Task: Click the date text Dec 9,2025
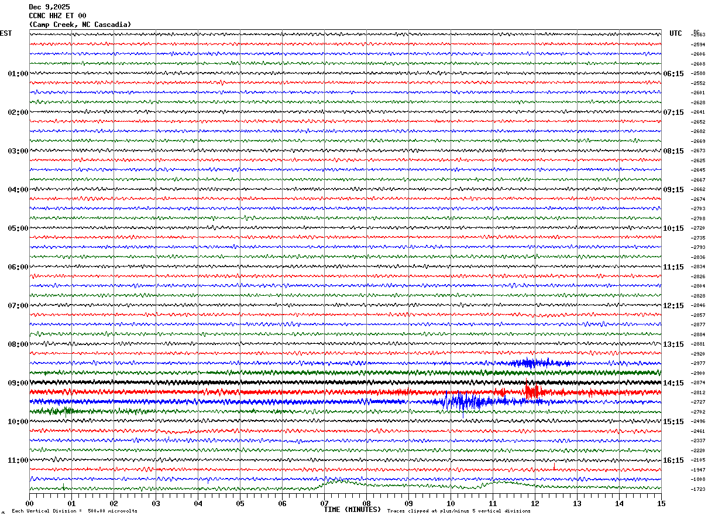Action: (x=49, y=7)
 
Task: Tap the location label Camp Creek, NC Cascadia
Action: (x=80, y=25)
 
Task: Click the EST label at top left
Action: (x=6, y=33)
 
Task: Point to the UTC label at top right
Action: (x=676, y=33)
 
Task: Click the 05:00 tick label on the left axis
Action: (x=18, y=228)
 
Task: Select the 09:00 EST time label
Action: (x=18, y=383)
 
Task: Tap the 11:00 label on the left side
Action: (x=18, y=460)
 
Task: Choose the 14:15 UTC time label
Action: (x=674, y=383)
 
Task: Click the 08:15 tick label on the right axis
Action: (x=674, y=151)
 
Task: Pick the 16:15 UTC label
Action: (x=674, y=460)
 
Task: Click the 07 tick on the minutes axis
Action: (x=325, y=503)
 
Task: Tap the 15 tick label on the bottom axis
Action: (x=661, y=503)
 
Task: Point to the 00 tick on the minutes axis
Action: (x=30, y=503)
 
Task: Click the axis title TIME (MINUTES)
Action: (x=352, y=510)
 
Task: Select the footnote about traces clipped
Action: (x=459, y=511)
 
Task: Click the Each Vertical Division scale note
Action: (x=74, y=511)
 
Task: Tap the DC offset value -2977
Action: (x=699, y=363)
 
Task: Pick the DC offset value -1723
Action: (x=699, y=489)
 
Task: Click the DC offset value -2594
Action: (x=699, y=45)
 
